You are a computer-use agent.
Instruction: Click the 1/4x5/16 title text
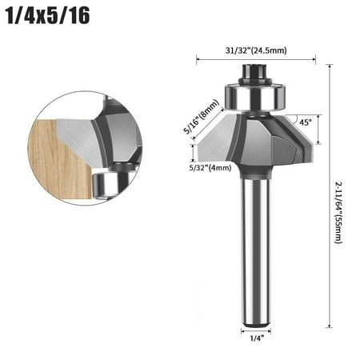point(47,17)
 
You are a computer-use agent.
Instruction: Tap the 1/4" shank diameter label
point(256,339)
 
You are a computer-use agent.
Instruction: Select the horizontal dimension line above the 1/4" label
point(256,329)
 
